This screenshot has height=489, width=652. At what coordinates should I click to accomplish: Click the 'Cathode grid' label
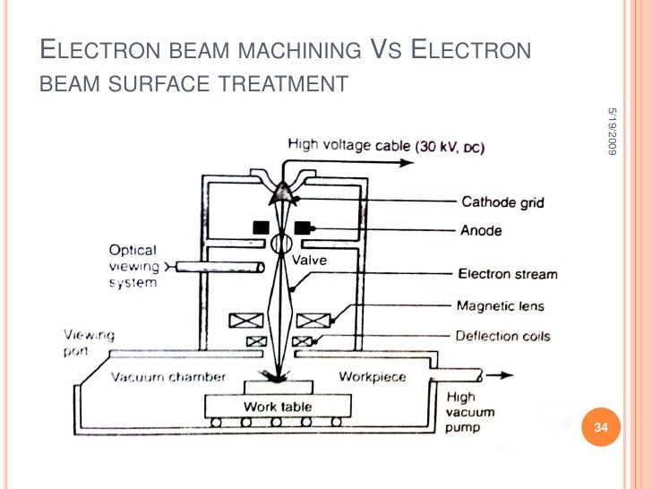(x=502, y=202)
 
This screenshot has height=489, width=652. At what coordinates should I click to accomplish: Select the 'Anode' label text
(x=482, y=230)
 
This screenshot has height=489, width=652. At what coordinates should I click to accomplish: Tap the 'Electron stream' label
(x=507, y=275)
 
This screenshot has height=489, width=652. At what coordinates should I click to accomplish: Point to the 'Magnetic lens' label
(x=499, y=305)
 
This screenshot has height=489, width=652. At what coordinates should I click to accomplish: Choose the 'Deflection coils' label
(x=503, y=336)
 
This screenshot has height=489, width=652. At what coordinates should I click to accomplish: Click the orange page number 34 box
(x=601, y=428)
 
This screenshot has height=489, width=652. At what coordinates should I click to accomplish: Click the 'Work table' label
(x=278, y=407)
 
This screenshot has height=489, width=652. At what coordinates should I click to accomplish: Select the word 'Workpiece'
(x=372, y=376)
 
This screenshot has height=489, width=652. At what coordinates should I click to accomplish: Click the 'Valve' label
(x=310, y=260)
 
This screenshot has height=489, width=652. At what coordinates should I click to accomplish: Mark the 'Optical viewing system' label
(x=133, y=267)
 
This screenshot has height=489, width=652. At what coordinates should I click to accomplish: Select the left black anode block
(x=262, y=227)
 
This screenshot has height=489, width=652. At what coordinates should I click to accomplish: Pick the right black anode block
(x=303, y=227)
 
